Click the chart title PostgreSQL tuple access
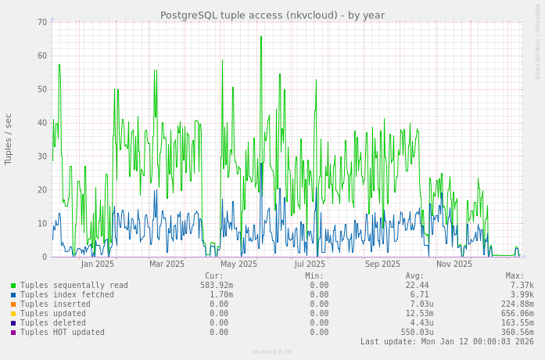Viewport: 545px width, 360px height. pyautogui.click(x=272, y=15)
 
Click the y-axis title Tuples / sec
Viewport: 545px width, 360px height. pyautogui.click(x=9, y=139)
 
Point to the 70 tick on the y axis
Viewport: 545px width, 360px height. pyautogui.click(x=42, y=22)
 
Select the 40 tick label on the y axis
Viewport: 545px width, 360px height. pyautogui.click(x=42, y=123)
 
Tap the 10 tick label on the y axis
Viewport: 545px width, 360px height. pyautogui.click(x=42, y=224)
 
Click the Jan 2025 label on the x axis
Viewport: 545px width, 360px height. pyautogui.click(x=97, y=264)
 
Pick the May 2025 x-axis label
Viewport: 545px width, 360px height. pyautogui.click(x=238, y=264)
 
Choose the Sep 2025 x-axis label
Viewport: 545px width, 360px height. pyautogui.click(x=382, y=264)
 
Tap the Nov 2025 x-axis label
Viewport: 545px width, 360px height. pyautogui.click(x=454, y=264)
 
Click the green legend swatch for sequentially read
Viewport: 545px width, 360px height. pyautogui.click(x=13, y=286)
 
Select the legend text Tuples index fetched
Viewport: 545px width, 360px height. pyautogui.click(x=67, y=295)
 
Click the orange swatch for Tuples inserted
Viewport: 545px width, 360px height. pyautogui.click(x=13, y=304)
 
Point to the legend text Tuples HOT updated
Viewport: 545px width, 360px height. pyautogui.click(x=63, y=333)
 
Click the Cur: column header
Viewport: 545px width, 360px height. pyautogui.click(x=213, y=276)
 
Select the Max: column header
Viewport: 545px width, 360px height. pyautogui.click(x=515, y=276)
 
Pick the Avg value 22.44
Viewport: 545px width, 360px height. pyautogui.click(x=417, y=286)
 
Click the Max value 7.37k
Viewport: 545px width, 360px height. pyautogui.click(x=522, y=286)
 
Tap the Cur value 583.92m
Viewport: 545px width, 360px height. pyautogui.click(x=216, y=286)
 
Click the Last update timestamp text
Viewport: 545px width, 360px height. pyautogui.click(x=446, y=342)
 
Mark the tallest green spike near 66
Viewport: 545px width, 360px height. pyautogui.click(x=261, y=37)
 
